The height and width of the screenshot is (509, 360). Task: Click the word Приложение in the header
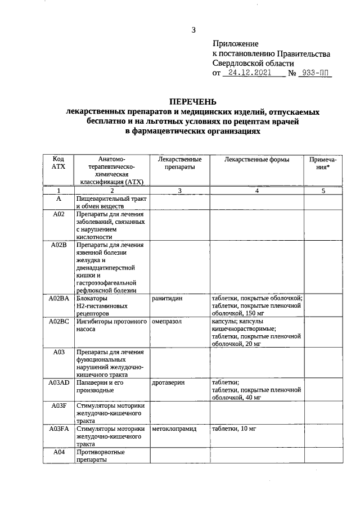pos(235,44)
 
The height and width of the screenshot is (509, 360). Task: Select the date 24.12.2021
pos(248,73)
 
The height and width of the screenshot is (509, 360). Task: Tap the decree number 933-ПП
pos(313,73)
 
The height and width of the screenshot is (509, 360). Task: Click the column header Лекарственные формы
pos(256,160)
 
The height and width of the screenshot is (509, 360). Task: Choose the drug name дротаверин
pos(169,382)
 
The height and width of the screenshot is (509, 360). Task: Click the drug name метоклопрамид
pos(174,429)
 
